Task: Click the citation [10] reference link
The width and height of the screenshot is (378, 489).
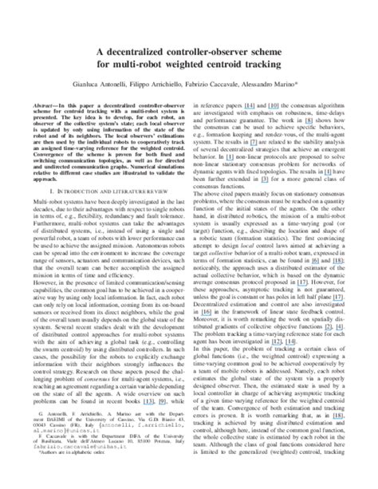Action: [x=278, y=103]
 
